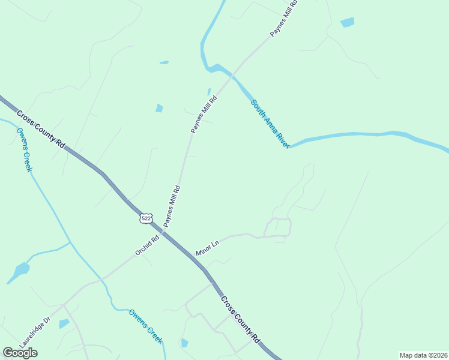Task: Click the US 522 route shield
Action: [146, 218]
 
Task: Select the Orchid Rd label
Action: [147, 245]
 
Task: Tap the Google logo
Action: [20, 353]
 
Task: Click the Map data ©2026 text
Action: [423, 355]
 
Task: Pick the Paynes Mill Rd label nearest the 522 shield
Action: [172, 206]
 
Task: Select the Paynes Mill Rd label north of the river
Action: [284, 19]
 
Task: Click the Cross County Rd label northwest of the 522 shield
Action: [41, 130]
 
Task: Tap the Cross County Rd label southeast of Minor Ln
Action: [240, 319]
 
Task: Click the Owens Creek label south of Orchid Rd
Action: [146, 326]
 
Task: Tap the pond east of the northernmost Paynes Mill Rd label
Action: [347, 23]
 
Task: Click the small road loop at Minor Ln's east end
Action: [278, 227]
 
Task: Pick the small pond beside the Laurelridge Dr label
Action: [64, 324]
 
